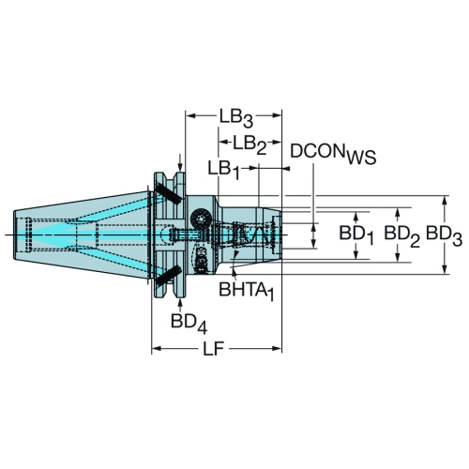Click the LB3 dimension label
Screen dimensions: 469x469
coord(235,118)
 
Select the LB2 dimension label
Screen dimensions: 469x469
coord(250,144)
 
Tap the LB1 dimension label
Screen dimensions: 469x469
coord(224,171)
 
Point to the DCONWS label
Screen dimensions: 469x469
coord(333,154)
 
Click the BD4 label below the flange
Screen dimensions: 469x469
coord(189,323)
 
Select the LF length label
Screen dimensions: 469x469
coord(214,348)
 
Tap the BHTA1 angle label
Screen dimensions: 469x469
coord(247,291)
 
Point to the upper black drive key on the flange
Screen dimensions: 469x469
coord(168,193)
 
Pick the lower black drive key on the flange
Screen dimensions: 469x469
coord(168,276)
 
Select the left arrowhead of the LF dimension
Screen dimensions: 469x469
coord(156,348)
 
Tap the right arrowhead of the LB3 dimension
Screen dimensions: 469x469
coord(278,116)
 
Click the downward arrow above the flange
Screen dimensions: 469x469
coord(180,162)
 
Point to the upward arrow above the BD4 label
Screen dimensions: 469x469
coord(180,304)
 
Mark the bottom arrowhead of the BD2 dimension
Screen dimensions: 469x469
coord(398,258)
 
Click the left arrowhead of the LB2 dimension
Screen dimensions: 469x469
coord(222,143)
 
